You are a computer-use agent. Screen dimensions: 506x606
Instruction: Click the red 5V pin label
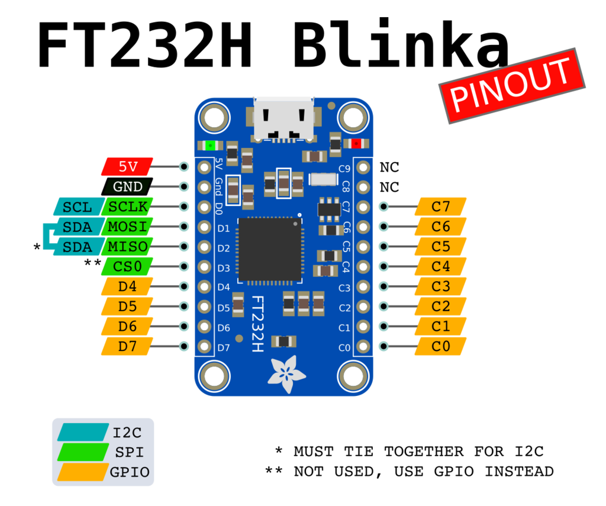pyautogui.click(x=127, y=167)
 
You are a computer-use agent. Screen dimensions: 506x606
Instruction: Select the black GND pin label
pyautogui.click(x=127, y=187)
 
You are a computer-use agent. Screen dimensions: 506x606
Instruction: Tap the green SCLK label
pyautogui.click(x=127, y=207)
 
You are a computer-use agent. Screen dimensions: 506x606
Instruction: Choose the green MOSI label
pyautogui.click(x=127, y=227)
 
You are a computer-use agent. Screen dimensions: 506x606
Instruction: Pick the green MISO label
pyautogui.click(x=127, y=246)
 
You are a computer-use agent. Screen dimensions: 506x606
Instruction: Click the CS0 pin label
pyautogui.click(x=127, y=266)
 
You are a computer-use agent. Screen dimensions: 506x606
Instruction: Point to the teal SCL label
pyautogui.click(x=77, y=207)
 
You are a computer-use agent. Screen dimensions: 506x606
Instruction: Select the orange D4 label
pyautogui.click(x=127, y=286)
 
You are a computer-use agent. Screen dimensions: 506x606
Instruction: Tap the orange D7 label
pyautogui.click(x=127, y=346)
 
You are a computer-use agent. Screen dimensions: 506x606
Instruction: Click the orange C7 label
pyautogui.click(x=441, y=207)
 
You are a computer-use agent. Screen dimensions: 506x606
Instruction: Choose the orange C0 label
pyautogui.click(x=441, y=346)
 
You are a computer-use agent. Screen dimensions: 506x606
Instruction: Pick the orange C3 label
pyautogui.click(x=441, y=286)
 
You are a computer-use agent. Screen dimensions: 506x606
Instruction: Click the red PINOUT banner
pyautogui.click(x=512, y=86)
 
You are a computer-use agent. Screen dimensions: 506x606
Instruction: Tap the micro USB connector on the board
pyautogui.click(x=283, y=118)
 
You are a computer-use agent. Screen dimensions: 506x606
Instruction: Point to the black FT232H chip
pyautogui.click(x=269, y=249)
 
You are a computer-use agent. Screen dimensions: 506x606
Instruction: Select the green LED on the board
pyautogui.click(x=208, y=145)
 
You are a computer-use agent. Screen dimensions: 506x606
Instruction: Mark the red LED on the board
pyautogui.click(x=356, y=143)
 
